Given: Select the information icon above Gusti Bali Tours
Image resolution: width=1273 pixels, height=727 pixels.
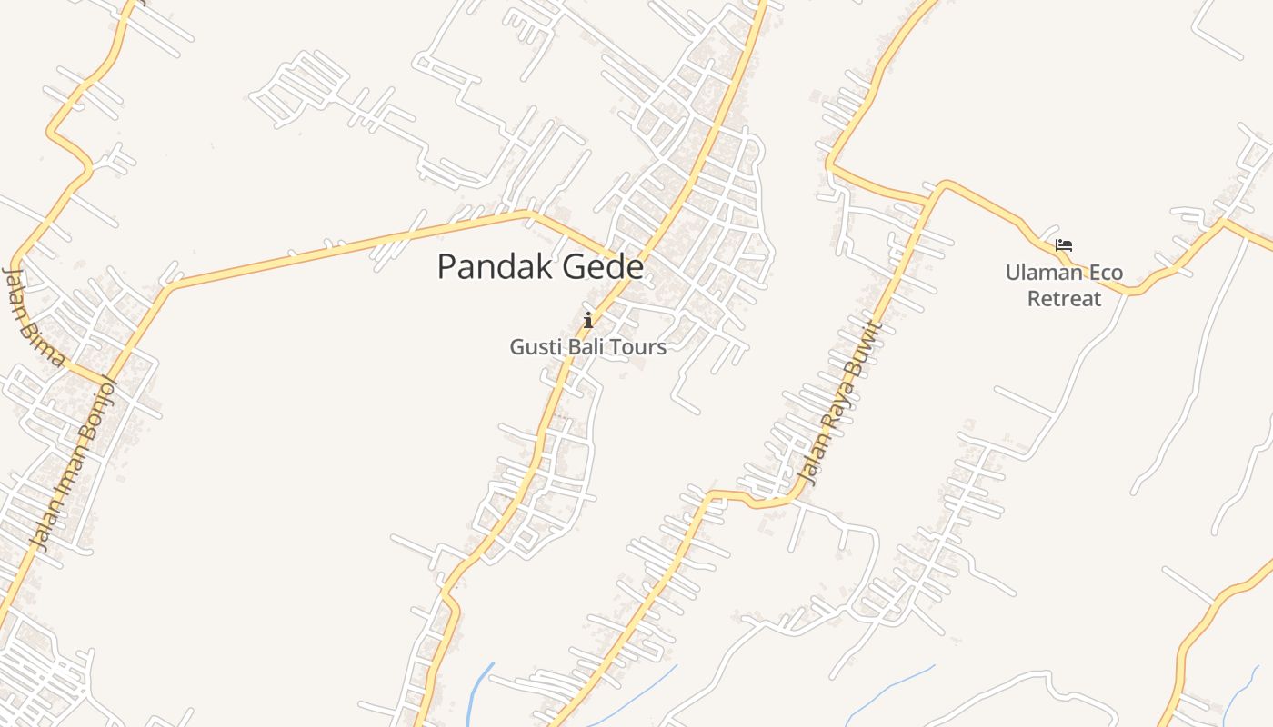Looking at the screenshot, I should pos(588,320).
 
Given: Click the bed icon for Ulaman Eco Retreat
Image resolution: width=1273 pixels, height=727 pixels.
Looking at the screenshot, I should pos(1064,245).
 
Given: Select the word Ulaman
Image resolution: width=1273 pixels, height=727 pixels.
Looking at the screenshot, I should pos(1044,273).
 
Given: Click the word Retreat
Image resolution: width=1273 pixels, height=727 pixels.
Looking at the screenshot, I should pos(1064,299).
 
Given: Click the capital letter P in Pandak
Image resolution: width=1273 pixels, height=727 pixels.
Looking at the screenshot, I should pos(446,267).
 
